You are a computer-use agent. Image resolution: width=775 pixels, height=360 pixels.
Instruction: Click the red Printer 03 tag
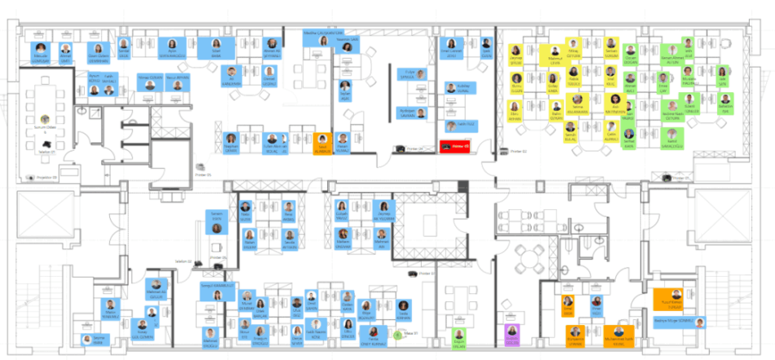pyautogui.click(x=451, y=146)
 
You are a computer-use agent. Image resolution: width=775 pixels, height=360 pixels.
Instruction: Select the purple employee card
pyautogui.click(x=512, y=335)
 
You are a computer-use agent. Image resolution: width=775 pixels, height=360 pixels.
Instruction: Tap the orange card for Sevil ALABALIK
pyautogui.click(x=323, y=143)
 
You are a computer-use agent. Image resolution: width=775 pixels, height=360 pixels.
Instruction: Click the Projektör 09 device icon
pyautogui.click(x=31, y=176)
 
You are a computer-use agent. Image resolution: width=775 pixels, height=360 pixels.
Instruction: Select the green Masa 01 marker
pyautogui.click(x=397, y=334)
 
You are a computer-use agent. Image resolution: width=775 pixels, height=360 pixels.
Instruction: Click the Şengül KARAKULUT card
pyautogui.click(x=217, y=291)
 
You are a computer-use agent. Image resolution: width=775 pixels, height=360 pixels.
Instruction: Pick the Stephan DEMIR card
pyautogui.click(x=231, y=143)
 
